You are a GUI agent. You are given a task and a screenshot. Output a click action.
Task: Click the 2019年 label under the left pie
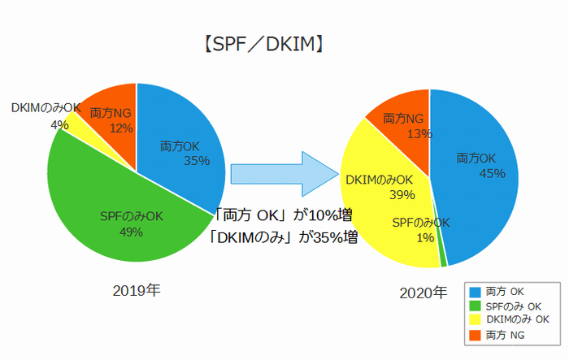tap(137, 290)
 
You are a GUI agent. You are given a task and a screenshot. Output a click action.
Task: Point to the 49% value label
tap(132, 232)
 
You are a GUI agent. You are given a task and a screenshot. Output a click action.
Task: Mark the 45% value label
tap(493, 173)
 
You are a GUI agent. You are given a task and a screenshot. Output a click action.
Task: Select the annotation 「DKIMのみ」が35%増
tap(282, 238)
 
